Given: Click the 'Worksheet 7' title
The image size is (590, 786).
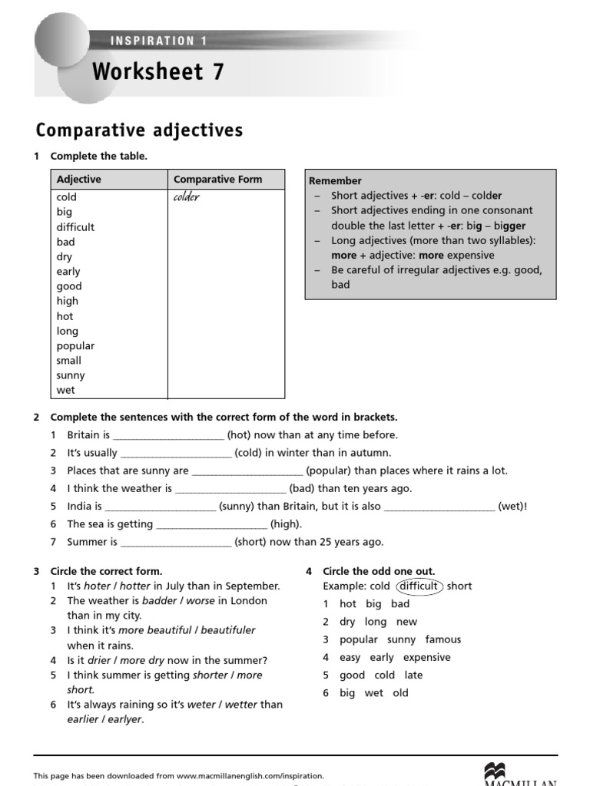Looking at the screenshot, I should pyautogui.click(x=158, y=71).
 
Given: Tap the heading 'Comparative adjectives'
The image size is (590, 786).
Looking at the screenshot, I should pyautogui.click(x=140, y=130).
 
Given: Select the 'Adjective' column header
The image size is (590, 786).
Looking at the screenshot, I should pyautogui.click(x=78, y=180).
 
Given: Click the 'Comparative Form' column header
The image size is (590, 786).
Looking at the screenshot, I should pyautogui.click(x=217, y=180).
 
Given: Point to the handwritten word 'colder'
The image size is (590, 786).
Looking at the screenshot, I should pyautogui.click(x=187, y=197).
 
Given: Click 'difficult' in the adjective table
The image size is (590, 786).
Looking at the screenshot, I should pyautogui.click(x=75, y=227).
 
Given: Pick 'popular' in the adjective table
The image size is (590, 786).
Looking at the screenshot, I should pyautogui.click(x=75, y=345).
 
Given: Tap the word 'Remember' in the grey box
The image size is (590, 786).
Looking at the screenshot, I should pyautogui.click(x=335, y=181).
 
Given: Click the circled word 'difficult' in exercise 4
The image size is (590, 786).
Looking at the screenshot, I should pyautogui.click(x=419, y=586).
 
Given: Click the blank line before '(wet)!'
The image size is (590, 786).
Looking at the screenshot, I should pyautogui.click(x=439, y=507).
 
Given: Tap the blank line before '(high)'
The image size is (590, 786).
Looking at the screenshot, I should pyautogui.click(x=211, y=525).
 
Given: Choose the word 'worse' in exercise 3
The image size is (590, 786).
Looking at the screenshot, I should pyautogui.click(x=201, y=601).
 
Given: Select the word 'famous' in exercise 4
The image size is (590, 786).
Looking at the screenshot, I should pyautogui.click(x=443, y=639).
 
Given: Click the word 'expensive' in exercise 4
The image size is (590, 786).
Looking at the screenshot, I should pyautogui.click(x=427, y=658).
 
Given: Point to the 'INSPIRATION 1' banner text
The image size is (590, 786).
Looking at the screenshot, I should pyautogui.click(x=159, y=41).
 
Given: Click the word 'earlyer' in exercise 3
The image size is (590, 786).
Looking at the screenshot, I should pyautogui.click(x=124, y=720).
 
